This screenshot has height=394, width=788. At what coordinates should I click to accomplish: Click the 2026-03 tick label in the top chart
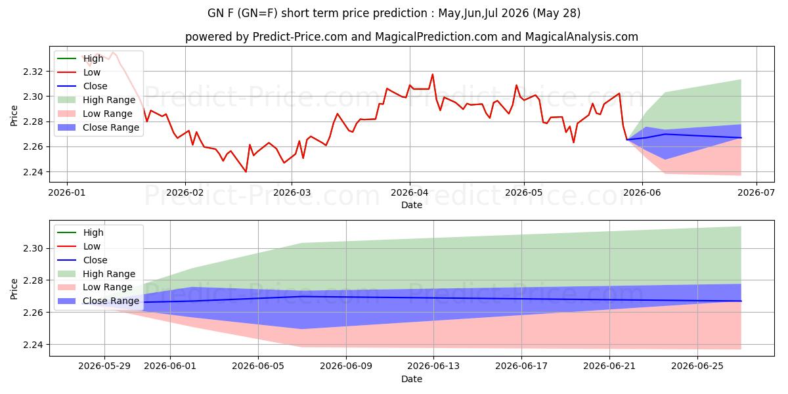[292, 192]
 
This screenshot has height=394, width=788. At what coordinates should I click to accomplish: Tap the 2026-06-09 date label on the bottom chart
[346, 366]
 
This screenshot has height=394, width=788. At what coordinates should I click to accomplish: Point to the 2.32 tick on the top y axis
[33, 72]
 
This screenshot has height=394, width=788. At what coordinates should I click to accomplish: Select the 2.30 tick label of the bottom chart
[33, 249]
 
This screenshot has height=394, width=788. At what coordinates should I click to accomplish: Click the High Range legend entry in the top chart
[97, 100]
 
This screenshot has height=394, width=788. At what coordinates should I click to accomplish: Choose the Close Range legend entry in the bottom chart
[98, 301]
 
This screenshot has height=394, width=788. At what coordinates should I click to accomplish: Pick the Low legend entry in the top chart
[79, 72]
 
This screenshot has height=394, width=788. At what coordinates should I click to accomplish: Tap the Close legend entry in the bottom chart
[82, 260]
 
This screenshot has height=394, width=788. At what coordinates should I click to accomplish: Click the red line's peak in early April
[432, 74]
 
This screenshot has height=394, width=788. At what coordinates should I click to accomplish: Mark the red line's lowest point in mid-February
[246, 171]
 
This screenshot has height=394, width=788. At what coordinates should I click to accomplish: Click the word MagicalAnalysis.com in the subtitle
[582, 37]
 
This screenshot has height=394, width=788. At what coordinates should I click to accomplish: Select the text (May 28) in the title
[557, 13]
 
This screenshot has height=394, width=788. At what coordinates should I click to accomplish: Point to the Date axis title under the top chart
[412, 205]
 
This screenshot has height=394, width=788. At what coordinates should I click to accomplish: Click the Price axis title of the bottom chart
[14, 289]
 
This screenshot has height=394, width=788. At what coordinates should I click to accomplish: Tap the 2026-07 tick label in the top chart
[756, 192]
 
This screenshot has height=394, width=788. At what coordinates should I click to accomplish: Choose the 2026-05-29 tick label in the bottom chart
[104, 366]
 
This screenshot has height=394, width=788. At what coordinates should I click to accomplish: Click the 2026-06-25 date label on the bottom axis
[697, 366]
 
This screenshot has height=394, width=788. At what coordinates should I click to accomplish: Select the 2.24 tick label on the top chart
[33, 172]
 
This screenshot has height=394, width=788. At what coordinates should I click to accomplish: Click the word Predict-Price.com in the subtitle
[300, 37]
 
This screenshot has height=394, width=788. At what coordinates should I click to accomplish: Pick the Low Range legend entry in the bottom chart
[95, 288]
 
